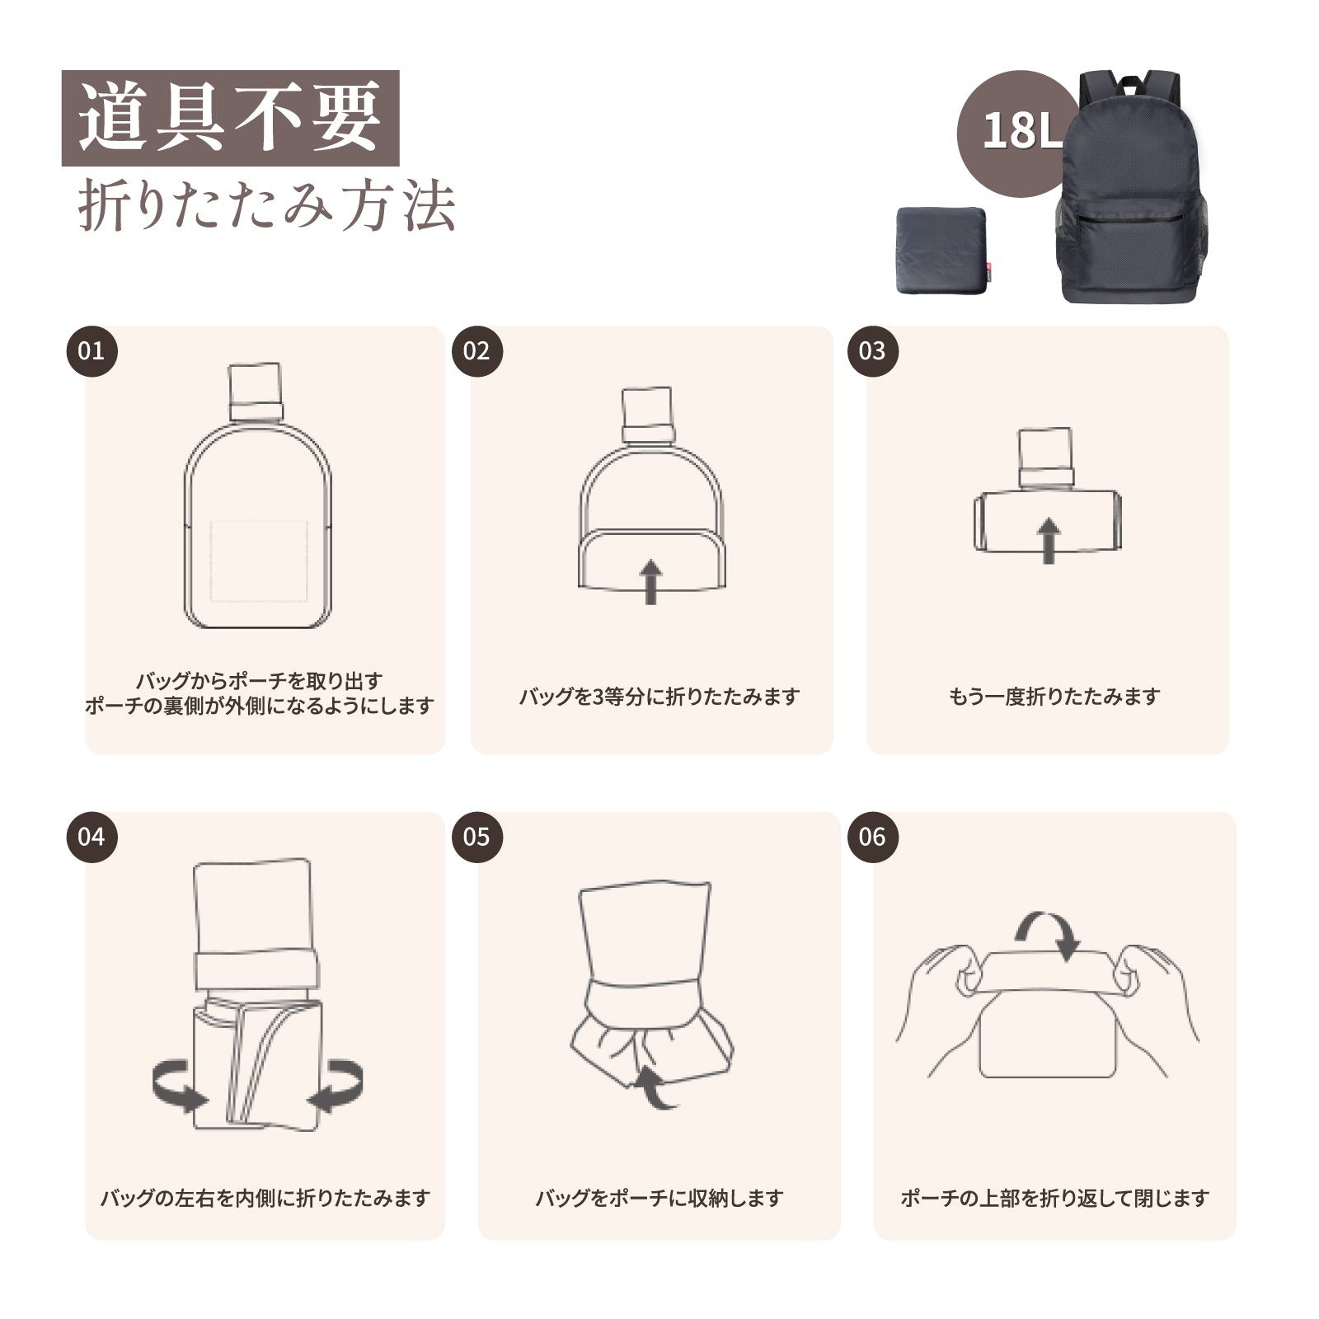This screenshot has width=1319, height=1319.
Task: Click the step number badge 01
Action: click(92, 351)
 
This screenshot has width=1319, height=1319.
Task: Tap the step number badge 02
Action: click(476, 351)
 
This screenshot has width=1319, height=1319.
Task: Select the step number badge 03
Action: click(872, 351)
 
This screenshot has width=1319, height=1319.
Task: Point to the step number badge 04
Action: click(92, 838)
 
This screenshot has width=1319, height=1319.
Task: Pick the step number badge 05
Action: click(476, 838)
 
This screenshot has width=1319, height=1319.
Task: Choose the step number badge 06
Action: click(872, 838)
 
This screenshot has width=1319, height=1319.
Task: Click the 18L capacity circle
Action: click(1019, 132)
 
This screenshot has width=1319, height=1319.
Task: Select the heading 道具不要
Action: click(230, 118)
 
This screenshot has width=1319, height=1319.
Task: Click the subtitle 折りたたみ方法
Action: click(266, 205)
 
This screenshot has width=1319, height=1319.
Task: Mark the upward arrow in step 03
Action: click(1048, 540)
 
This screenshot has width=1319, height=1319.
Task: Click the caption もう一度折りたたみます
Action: click(1054, 697)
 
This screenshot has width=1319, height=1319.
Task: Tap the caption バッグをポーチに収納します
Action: click(659, 1198)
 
